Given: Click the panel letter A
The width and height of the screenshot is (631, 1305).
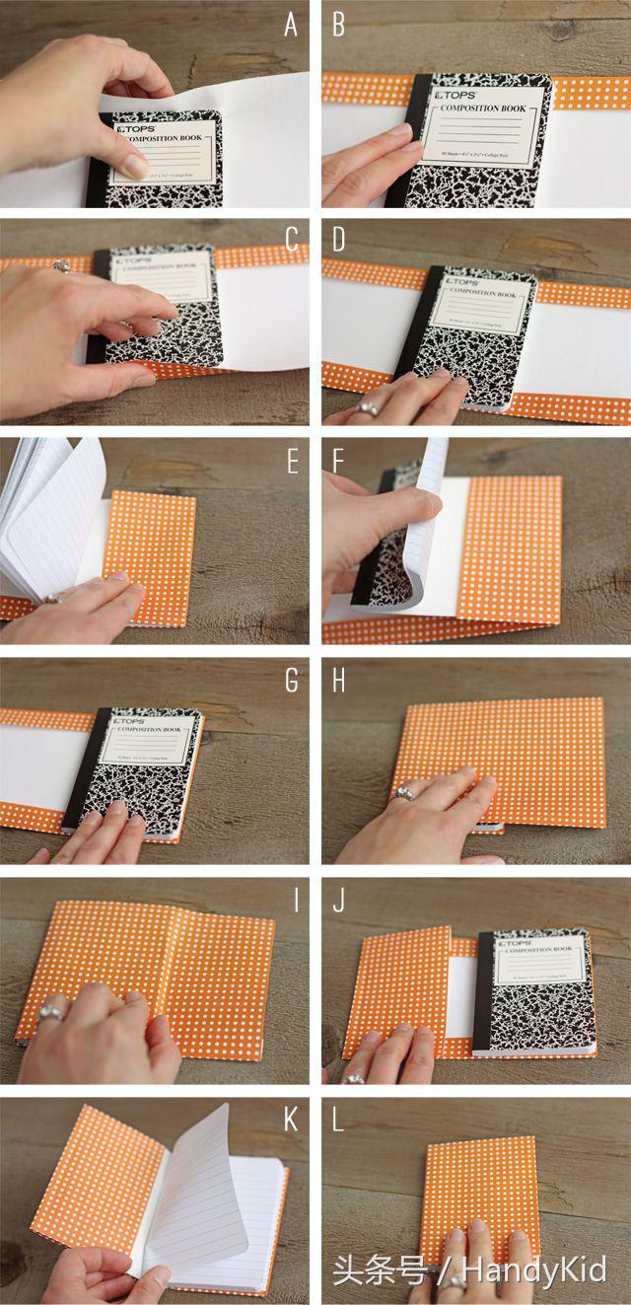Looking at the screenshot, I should click(x=291, y=25).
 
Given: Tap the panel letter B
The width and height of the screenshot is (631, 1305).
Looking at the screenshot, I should click(x=338, y=25).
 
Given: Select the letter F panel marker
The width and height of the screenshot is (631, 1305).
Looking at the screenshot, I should click(x=338, y=462).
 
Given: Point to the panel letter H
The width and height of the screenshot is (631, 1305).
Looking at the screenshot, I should click(x=339, y=682).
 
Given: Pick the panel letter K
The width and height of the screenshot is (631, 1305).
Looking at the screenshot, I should click(x=291, y=1120).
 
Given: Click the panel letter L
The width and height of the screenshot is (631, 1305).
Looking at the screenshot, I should click(x=338, y=1120).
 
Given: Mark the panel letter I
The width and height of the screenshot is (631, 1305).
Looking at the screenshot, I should click(x=292, y=901).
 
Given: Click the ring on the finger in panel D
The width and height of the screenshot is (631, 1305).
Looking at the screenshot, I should click(x=370, y=407).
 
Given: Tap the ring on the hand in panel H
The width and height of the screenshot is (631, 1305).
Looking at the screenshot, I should click(x=403, y=793).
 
